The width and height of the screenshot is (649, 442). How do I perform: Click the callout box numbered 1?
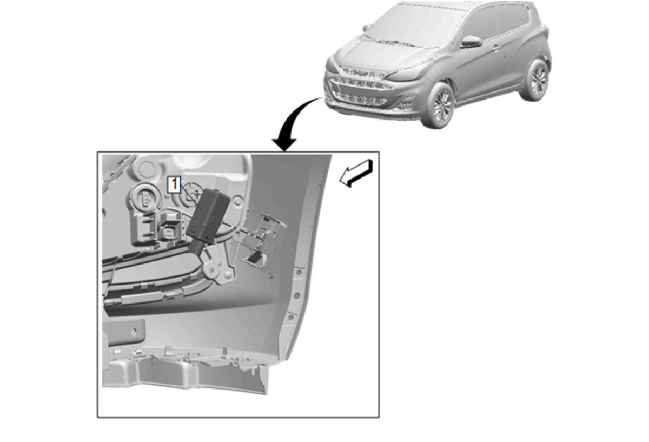click(174, 184)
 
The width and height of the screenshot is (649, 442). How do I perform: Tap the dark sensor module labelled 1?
click(208, 220)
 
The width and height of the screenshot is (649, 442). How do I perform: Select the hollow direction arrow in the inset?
click(356, 173)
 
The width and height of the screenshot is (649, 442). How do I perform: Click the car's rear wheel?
click(536, 80)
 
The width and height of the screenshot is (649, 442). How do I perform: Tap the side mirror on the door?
click(471, 41)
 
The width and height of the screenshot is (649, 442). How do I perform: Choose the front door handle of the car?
click(496, 47)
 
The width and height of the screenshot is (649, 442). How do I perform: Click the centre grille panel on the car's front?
click(360, 87)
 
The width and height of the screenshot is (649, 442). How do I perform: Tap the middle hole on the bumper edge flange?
click(297, 295)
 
